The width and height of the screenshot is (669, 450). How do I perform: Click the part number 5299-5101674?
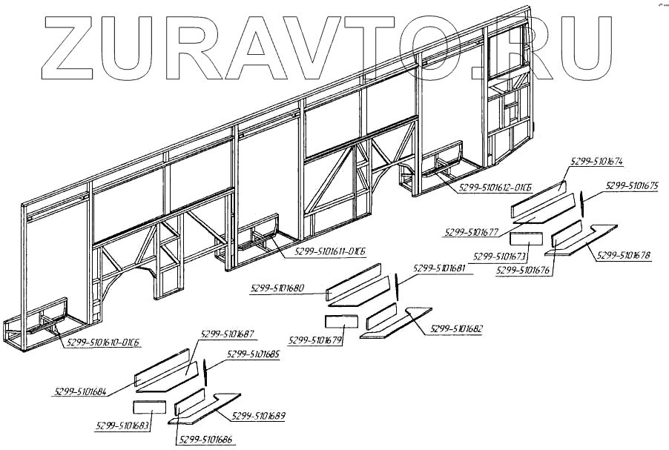[x=596, y=160]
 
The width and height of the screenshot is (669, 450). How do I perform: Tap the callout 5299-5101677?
[x=471, y=233]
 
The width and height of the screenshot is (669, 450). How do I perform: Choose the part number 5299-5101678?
[x=624, y=256]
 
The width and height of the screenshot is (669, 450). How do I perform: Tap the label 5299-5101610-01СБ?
[x=103, y=342]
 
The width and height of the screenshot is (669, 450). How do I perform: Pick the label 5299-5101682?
[x=456, y=328]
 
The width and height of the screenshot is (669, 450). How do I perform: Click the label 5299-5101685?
[x=253, y=354]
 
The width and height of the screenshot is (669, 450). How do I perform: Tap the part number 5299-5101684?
[x=80, y=391]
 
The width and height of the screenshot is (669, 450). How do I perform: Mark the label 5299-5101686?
[x=204, y=440]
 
